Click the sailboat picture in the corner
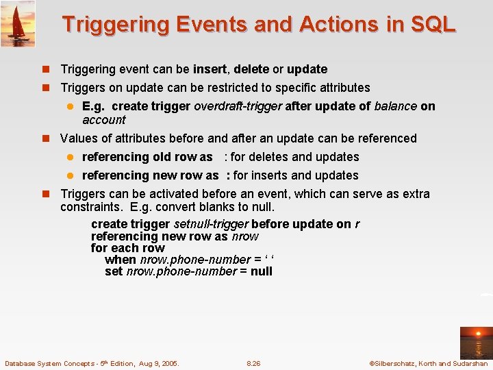pos(18,23)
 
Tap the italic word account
pos(103,120)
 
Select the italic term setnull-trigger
pos(211,225)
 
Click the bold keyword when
pos(121,260)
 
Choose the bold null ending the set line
pos(261,271)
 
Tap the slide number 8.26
pos(253,363)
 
